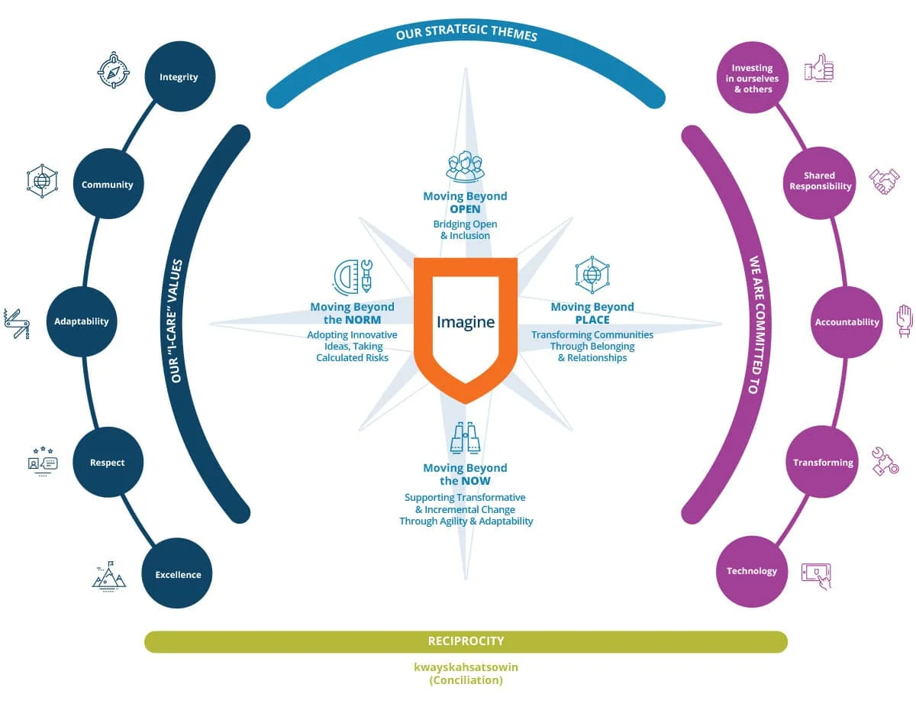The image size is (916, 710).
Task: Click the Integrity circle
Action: click(179, 76)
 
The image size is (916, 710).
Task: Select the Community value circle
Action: click(108, 184)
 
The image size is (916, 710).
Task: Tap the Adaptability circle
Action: click(82, 321)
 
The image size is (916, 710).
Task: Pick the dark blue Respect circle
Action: click(108, 463)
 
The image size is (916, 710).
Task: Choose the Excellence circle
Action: click(178, 574)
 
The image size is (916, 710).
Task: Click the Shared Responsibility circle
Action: click(820, 181)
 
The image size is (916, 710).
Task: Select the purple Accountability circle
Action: click(847, 322)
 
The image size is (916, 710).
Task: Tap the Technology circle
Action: click(752, 571)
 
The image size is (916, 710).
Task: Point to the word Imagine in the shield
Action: click(466, 322)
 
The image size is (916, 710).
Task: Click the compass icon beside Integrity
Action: click(114, 70)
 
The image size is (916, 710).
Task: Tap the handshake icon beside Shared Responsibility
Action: click(884, 180)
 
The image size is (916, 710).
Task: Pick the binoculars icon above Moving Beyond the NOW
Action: click(466, 439)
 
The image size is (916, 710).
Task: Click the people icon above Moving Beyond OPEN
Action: click(466, 166)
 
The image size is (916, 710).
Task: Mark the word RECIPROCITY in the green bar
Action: click(466, 641)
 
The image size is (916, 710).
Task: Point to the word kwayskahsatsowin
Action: click(466, 667)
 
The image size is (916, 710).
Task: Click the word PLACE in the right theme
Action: click(592, 320)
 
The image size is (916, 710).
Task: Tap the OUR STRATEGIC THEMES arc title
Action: click(466, 35)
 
